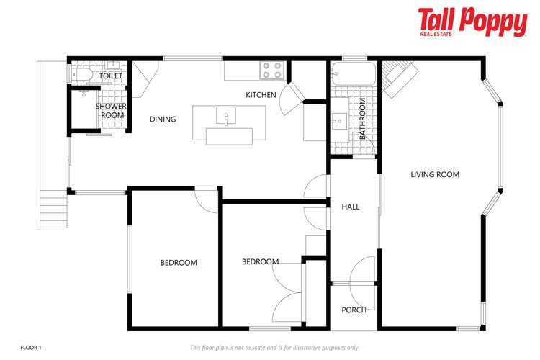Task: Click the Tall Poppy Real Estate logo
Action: pos(472,22)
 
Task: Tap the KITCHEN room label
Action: pos(261,95)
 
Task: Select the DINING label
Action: pos(163,120)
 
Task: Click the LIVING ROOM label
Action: pos(435,174)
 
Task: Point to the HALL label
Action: pos(351,207)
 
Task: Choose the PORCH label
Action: pos(354,310)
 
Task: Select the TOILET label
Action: pos(111,76)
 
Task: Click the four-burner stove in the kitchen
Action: pos(271,70)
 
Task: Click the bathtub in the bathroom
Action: pos(354,73)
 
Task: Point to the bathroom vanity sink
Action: pos(340,121)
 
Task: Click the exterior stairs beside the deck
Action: pos(53,208)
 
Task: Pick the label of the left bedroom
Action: pos(178,263)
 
